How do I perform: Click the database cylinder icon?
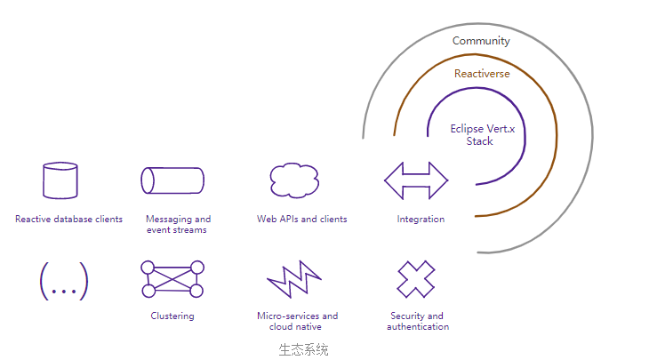60,180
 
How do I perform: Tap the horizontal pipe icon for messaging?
172,180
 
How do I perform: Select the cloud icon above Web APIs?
295,180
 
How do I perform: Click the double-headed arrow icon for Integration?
416,180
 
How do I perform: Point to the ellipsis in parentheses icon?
64,282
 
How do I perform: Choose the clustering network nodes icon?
172,279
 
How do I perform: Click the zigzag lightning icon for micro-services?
294,280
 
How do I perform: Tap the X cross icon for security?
416,279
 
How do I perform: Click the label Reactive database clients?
68,219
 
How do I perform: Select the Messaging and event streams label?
178,224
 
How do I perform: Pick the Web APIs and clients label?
301,219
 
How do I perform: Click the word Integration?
421,219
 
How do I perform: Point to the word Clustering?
172,316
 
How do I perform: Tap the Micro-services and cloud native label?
297,321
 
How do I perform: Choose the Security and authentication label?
418,321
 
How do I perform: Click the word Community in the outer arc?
481,41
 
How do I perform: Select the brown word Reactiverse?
482,74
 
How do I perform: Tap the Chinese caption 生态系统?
303,349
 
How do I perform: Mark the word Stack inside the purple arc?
480,141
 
